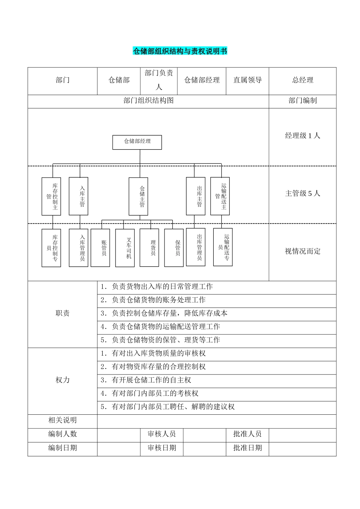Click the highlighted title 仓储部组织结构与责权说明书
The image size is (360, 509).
pos(180,51)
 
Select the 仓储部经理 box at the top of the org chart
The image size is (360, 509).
pos(137,142)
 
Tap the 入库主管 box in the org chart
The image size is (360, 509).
pos(78,196)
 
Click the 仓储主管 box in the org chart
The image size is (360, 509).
pos(138,196)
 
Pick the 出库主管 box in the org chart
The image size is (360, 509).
pos(196,196)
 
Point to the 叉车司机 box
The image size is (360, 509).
pos(125,248)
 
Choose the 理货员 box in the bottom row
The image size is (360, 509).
pos(149,248)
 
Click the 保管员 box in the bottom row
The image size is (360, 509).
pos(174,248)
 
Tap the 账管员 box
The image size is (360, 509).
pos(100,248)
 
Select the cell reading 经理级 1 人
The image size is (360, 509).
pos(302,136)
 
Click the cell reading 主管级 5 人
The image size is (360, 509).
pos(302,194)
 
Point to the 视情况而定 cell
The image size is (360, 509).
pos(302,251)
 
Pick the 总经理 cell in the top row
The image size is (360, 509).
pos(302,80)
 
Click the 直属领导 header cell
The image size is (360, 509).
pos(247,80)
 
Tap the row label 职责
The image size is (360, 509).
pos(63,314)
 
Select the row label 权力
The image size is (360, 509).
pos(63,380)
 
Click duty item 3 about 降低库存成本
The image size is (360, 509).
pos(164,314)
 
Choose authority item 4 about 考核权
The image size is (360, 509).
pos(150,394)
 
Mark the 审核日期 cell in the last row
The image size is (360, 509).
pos(162,448)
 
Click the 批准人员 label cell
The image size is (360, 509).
pos(247,434)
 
